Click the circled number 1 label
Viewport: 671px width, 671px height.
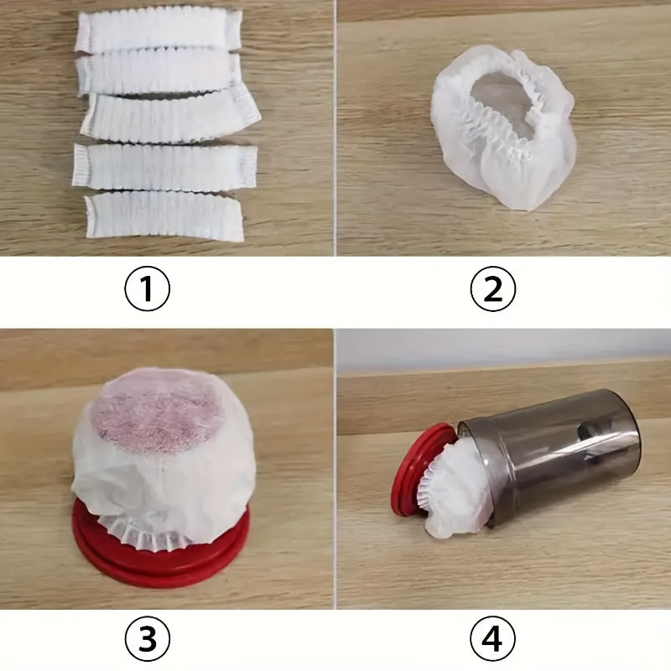(x=148, y=289)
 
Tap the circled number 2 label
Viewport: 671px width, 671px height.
(x=493, y=289)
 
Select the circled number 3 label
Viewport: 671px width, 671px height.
(x=148, y=640)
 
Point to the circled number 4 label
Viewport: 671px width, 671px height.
(x=493, y=640)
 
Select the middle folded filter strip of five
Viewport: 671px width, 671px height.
(x=172, y=117)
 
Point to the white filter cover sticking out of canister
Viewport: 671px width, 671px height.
(x=461, y=495)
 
